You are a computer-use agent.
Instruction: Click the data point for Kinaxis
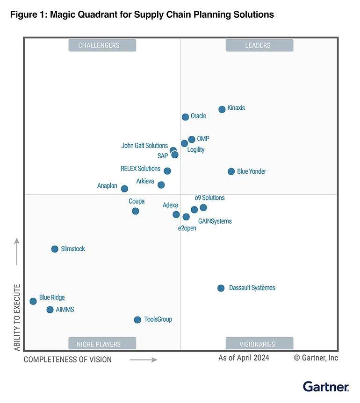click(222, 109)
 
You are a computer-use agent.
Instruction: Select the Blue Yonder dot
click(231, 171)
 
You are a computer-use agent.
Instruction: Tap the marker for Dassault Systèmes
click(221, 288)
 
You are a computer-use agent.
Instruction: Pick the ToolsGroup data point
click(137, 320)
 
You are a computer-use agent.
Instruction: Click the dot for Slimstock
click(55, 249)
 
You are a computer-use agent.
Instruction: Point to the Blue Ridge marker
click(33, 301)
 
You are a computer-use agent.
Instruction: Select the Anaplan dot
click(124, 189)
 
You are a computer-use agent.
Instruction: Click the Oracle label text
click(198, 116)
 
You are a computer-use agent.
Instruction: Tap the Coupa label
click(137, 201)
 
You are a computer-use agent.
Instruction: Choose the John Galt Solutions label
click(144, 146)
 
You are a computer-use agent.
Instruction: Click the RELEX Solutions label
click(140, 169)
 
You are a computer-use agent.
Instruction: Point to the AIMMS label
click(65, 310)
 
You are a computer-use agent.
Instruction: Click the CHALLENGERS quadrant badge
click(102, 45)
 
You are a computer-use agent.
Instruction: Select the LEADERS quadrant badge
click(259, 45)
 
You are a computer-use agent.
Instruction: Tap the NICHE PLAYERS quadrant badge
click(102, 344)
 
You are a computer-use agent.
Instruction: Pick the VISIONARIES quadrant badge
click(259, 344)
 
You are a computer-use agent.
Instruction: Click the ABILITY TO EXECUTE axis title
click(17, 318)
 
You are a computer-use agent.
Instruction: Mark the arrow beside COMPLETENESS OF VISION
click(143, 360)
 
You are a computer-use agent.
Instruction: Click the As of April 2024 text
click(244, 358)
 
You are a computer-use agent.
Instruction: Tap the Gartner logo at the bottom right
click(325, 387)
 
